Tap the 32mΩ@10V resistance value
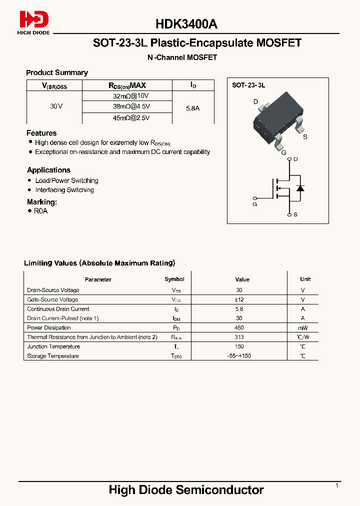131,95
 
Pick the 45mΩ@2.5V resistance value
131,118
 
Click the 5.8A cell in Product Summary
192,107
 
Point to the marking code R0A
40,211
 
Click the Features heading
41,133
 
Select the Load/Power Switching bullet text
66,180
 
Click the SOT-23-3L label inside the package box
248,85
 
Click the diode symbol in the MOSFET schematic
300,188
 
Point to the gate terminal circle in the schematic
255,197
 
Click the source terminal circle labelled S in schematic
289,214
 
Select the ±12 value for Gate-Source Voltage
239,299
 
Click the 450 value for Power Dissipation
239,327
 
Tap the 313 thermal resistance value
239,337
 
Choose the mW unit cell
302,327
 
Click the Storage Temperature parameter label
52,356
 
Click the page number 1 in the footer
337,485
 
